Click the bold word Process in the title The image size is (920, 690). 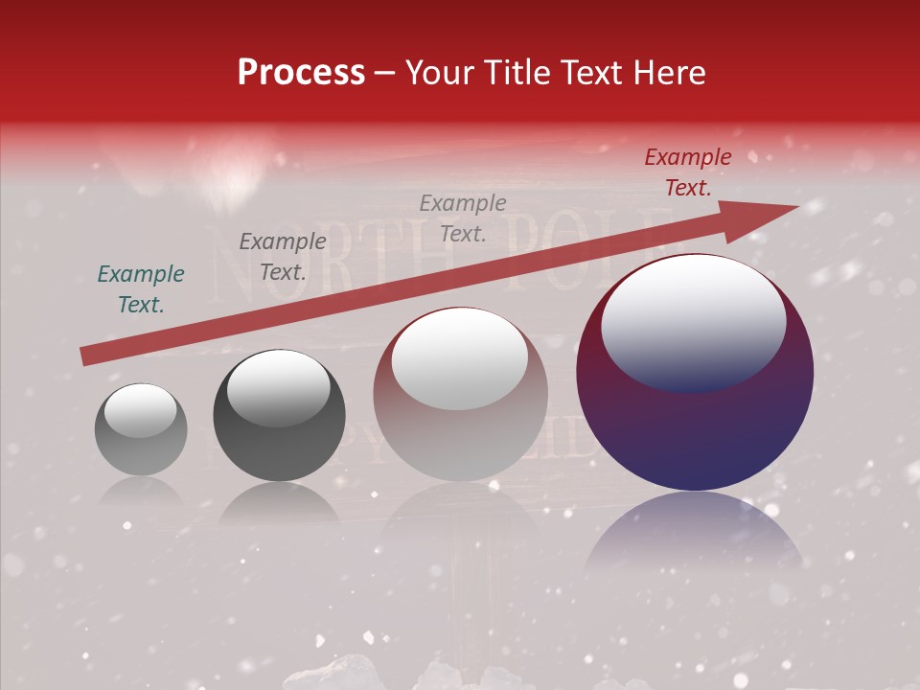(301, 73)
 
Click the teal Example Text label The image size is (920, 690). (141, 289)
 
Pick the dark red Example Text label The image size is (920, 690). (687, 172)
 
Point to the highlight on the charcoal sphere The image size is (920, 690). (278, 387)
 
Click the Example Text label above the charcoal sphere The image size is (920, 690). (283, 256)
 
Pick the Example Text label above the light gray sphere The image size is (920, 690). (463, 218)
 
